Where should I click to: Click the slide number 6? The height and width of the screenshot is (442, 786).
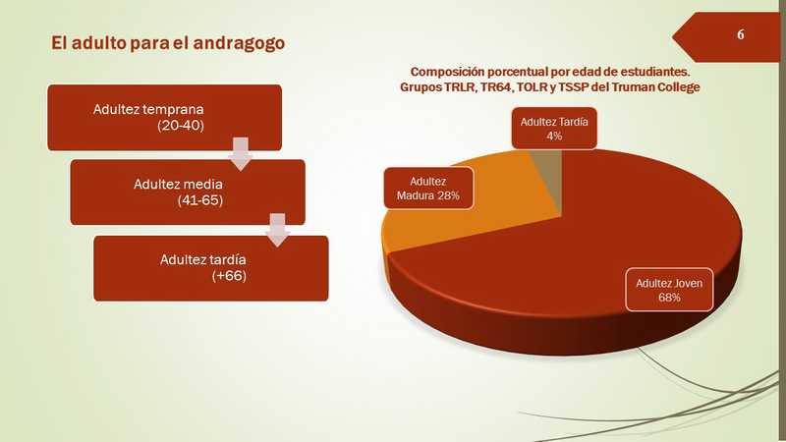[x=741, y=34]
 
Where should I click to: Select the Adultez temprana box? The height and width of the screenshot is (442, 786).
[x=164, y=117]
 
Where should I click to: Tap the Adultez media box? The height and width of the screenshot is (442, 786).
[x=188, y=193]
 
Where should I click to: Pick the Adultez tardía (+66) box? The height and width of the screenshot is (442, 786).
[x=211, y=268]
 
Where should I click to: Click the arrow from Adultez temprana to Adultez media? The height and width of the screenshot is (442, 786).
[x=241, y=154]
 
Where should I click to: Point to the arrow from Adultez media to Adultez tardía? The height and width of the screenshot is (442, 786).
[x=278, y=230]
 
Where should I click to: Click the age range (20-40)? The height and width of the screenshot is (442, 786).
[x=181, y=126]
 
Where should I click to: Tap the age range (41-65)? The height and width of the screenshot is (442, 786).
[x=200, y=200]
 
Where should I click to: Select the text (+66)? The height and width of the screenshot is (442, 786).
[x=229, y=276]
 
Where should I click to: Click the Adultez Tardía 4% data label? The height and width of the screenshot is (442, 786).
[x=554, y=129]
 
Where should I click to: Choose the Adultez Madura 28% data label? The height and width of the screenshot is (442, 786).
[x=428, y=188]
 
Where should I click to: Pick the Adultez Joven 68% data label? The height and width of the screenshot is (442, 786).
[x=669, y=290]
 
